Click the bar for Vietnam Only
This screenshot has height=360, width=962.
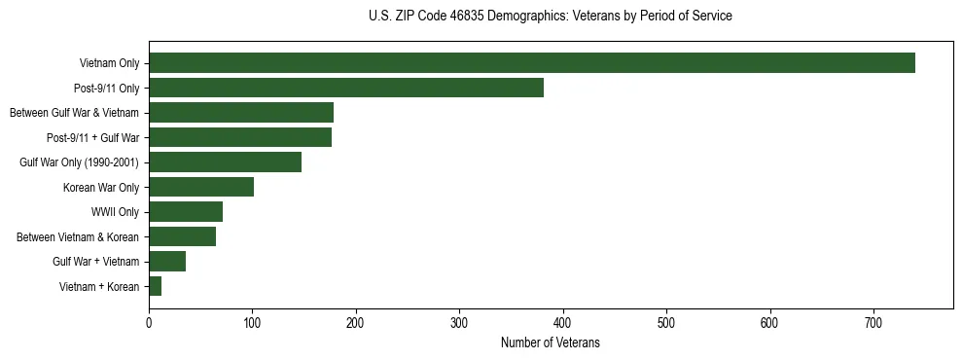click(531, 63)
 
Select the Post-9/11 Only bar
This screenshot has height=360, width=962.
click(345, 88)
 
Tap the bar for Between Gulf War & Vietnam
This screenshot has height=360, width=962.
click(240, 113)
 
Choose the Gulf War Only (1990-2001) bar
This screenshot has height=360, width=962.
click(225, 162)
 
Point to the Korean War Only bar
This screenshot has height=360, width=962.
click(200, 187)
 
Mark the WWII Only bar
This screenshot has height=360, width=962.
click(185, 212)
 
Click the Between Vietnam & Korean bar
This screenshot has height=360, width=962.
click(182, 236)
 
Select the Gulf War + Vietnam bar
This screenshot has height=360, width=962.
click(166, 261)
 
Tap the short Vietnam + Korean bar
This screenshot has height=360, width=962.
click(155, 286)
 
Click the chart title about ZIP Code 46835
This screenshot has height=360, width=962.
click(551, 17)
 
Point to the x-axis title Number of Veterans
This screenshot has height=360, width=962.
click(550, 343)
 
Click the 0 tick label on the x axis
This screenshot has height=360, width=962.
click(149, 322)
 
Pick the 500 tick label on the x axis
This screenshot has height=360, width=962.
click(666, 322)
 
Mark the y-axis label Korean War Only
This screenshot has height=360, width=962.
click(101, 187)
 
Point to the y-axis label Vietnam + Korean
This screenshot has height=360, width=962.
click(99, 286)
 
